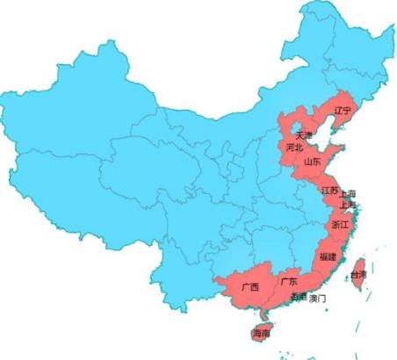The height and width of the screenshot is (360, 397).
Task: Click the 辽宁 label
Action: (343, 111)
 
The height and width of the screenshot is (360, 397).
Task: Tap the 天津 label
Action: (304, 136)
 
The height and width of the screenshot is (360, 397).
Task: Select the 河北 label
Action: (295, 148)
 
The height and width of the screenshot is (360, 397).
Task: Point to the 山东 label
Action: (312, 162)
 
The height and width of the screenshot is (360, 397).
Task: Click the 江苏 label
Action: (329, 191)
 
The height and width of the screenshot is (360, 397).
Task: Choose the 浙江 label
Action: (339, 226)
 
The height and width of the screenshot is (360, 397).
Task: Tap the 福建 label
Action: (328, 256)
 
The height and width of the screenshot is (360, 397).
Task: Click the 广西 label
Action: (250, 287)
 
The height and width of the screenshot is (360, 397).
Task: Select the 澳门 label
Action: (318, 299)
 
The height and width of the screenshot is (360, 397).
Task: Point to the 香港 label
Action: (299, 298)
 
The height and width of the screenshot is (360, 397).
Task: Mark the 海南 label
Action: (261, 334)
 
